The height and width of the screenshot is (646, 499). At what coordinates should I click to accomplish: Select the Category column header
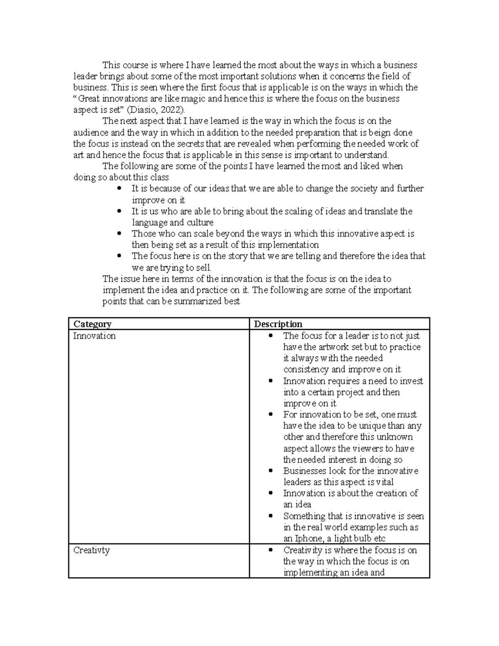tap(92, 324)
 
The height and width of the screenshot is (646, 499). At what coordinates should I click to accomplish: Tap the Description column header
tap(278, 324)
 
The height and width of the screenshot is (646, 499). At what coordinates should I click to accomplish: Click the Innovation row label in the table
tap(94, 336)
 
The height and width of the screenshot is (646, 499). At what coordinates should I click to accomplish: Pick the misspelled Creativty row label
tap(91, 550)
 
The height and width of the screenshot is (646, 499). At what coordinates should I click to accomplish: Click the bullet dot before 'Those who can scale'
tap(119, 233)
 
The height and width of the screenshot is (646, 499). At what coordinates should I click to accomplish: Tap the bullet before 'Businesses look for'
tap(271, 470)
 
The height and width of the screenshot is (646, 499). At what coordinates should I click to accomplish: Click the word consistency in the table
tap(306, 369)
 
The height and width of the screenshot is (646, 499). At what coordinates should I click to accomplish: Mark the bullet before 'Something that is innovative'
tap(271, 516)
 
